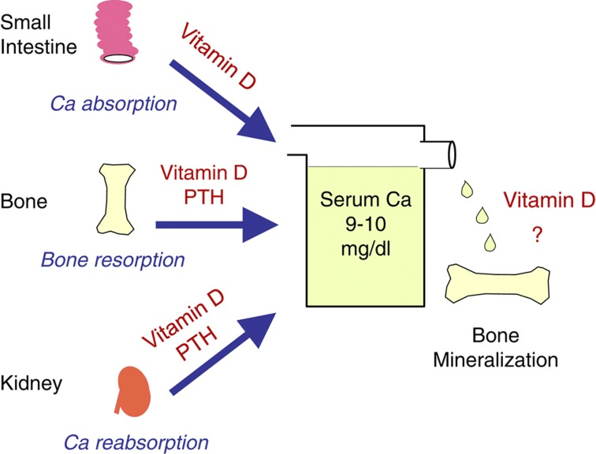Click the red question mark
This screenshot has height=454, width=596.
click(537, 235)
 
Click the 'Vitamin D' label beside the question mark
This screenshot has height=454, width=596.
click(548, 201)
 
